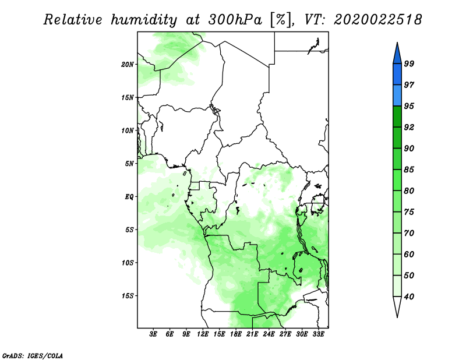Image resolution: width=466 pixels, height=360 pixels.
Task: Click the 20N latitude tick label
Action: click(128, 65)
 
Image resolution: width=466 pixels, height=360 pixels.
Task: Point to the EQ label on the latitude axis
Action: click(129, 197)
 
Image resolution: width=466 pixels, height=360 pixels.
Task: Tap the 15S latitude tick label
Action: click(128, 296)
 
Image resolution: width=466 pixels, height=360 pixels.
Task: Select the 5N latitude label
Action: click(129, 164)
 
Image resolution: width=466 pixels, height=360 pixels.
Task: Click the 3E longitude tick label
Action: click(153, 334)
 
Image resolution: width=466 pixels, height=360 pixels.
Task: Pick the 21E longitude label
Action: click(252, 334)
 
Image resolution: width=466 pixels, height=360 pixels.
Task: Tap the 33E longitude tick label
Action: click(318, 334)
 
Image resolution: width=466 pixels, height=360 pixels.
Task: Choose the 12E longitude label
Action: click(203, 334)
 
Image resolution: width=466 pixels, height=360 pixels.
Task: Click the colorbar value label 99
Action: click(409, 63)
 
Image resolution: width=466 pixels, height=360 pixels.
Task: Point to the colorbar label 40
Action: click(409, 297)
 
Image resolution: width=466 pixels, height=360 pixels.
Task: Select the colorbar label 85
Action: click(409, 170)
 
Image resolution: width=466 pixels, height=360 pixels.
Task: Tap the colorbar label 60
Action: click(409, 254)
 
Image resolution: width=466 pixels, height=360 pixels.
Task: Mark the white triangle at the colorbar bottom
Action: click(397, 306)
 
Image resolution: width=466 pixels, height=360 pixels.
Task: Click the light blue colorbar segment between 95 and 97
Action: click(397, 96)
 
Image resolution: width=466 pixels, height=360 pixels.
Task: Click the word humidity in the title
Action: click(144, 20)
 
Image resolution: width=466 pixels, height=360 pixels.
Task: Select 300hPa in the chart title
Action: click(235, 20)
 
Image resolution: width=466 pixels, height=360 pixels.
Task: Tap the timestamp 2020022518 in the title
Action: click(377, 20)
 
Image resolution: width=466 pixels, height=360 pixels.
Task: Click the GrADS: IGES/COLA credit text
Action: click(33, 355)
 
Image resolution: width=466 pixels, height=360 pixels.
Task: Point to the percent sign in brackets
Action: click(281, 20)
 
